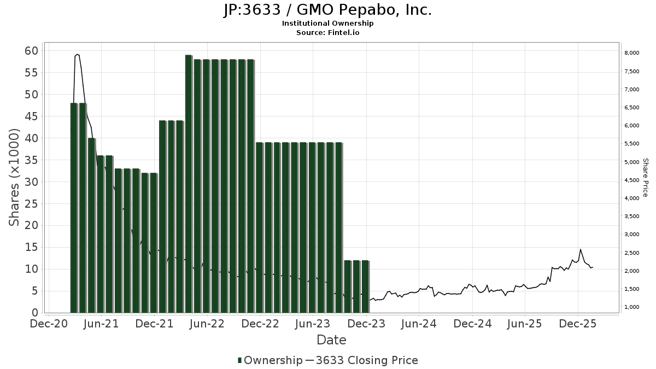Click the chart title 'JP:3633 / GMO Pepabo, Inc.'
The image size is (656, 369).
(327, 10)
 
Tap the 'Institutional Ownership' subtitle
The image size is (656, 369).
(327, 24)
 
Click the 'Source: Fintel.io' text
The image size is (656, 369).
(327, 33)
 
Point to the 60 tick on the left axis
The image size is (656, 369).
(31, 51)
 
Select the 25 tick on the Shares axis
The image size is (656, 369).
(31, 204)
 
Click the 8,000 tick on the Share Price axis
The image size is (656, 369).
(632, 53)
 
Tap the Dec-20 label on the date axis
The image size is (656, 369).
(49, 324)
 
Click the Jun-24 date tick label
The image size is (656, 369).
(419, 324)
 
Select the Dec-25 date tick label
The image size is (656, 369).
(578, 324)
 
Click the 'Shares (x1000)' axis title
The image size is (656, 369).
(15, 177)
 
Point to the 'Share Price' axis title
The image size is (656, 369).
(645, 177)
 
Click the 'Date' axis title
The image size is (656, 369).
(331, 340)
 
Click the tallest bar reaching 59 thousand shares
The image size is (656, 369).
(189, 184)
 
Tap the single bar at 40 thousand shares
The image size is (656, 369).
(92, 225)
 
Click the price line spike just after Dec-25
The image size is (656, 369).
(581, 250)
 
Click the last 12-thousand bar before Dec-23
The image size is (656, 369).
(365, 286)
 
